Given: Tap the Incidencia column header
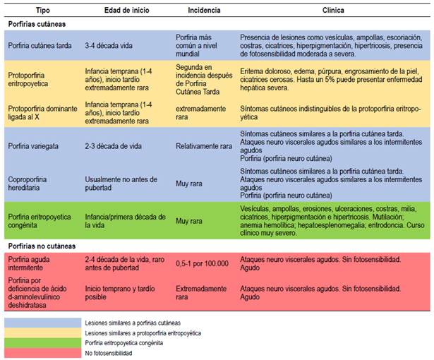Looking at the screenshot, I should tap(204, 11).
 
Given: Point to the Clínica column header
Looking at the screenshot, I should tap(334, 11).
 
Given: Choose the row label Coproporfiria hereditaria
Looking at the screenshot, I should tap(32, 181).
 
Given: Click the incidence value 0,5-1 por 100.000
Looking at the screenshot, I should tap(203, 263).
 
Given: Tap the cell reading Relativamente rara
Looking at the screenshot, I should tap(205, 147).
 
